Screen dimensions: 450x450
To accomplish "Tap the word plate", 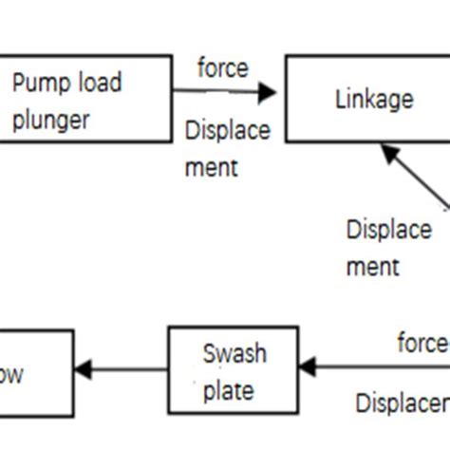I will pyautogui.click(x=228, y=389).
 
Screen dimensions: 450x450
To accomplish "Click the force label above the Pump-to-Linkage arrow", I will pyautogui.click(x=222, y=68).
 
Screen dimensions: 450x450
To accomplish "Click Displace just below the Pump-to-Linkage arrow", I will pyautogui.click(x=228, y=131).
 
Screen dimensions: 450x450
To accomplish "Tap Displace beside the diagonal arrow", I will pyautogui.click(x=388, y=230).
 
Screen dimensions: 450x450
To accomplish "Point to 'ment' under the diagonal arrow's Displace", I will pyautogui.click(x=373, y=267).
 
